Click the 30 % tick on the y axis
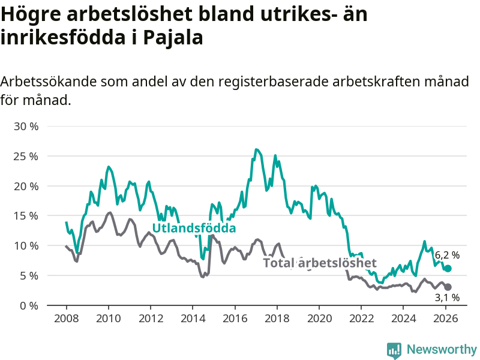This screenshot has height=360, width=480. [x=26, y=127]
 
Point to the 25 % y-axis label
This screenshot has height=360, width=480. [x=26, y=156]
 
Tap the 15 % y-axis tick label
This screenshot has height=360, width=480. [x=26, y=216]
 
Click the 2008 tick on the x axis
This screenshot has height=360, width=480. [x=66, y=318]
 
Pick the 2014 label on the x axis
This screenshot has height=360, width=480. [x=193, y=318]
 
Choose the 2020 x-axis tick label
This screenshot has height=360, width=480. [x=319, y=318]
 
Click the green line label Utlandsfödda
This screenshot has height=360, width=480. [x=194, y=229]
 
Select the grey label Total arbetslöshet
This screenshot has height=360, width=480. [x=320, y=263]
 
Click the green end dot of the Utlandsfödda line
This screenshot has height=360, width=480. [x=448, y=268]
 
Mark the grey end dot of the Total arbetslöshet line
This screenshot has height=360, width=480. [x=448, y=287]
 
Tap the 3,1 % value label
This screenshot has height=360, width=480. [x=447, y=298]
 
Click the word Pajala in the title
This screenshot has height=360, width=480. [x=174, y=37]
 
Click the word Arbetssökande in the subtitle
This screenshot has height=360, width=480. [x=47, y=82]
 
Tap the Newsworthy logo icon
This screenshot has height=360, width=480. [x=394, y=349]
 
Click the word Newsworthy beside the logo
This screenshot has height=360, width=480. [x=442, y=349]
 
